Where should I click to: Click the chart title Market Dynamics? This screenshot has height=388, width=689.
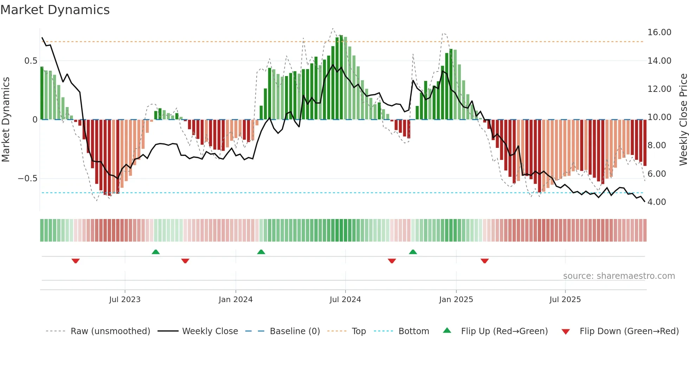[55, 10]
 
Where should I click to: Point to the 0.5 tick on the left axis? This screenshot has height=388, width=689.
[31, 61]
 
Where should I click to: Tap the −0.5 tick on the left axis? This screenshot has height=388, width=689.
[27, 179]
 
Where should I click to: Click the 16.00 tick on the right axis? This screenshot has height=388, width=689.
[659, 32]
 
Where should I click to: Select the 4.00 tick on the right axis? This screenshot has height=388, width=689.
[657, 202]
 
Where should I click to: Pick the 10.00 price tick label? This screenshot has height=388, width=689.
[659, 117]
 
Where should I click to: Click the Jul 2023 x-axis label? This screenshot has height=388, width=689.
[125, 300]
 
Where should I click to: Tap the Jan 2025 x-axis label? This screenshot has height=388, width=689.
[456, 300]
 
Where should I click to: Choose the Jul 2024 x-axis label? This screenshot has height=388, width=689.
[345, 300]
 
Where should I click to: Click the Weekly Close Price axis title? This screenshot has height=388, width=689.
[683, 120]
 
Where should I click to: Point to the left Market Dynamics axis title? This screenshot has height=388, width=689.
[6, 120]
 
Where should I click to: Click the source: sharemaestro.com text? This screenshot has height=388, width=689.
[619, 276]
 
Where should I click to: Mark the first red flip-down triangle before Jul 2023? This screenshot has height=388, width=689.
[76, 261]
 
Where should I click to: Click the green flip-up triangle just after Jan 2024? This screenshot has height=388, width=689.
[261, 252]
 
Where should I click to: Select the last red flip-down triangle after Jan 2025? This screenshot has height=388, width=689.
[484, 261]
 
